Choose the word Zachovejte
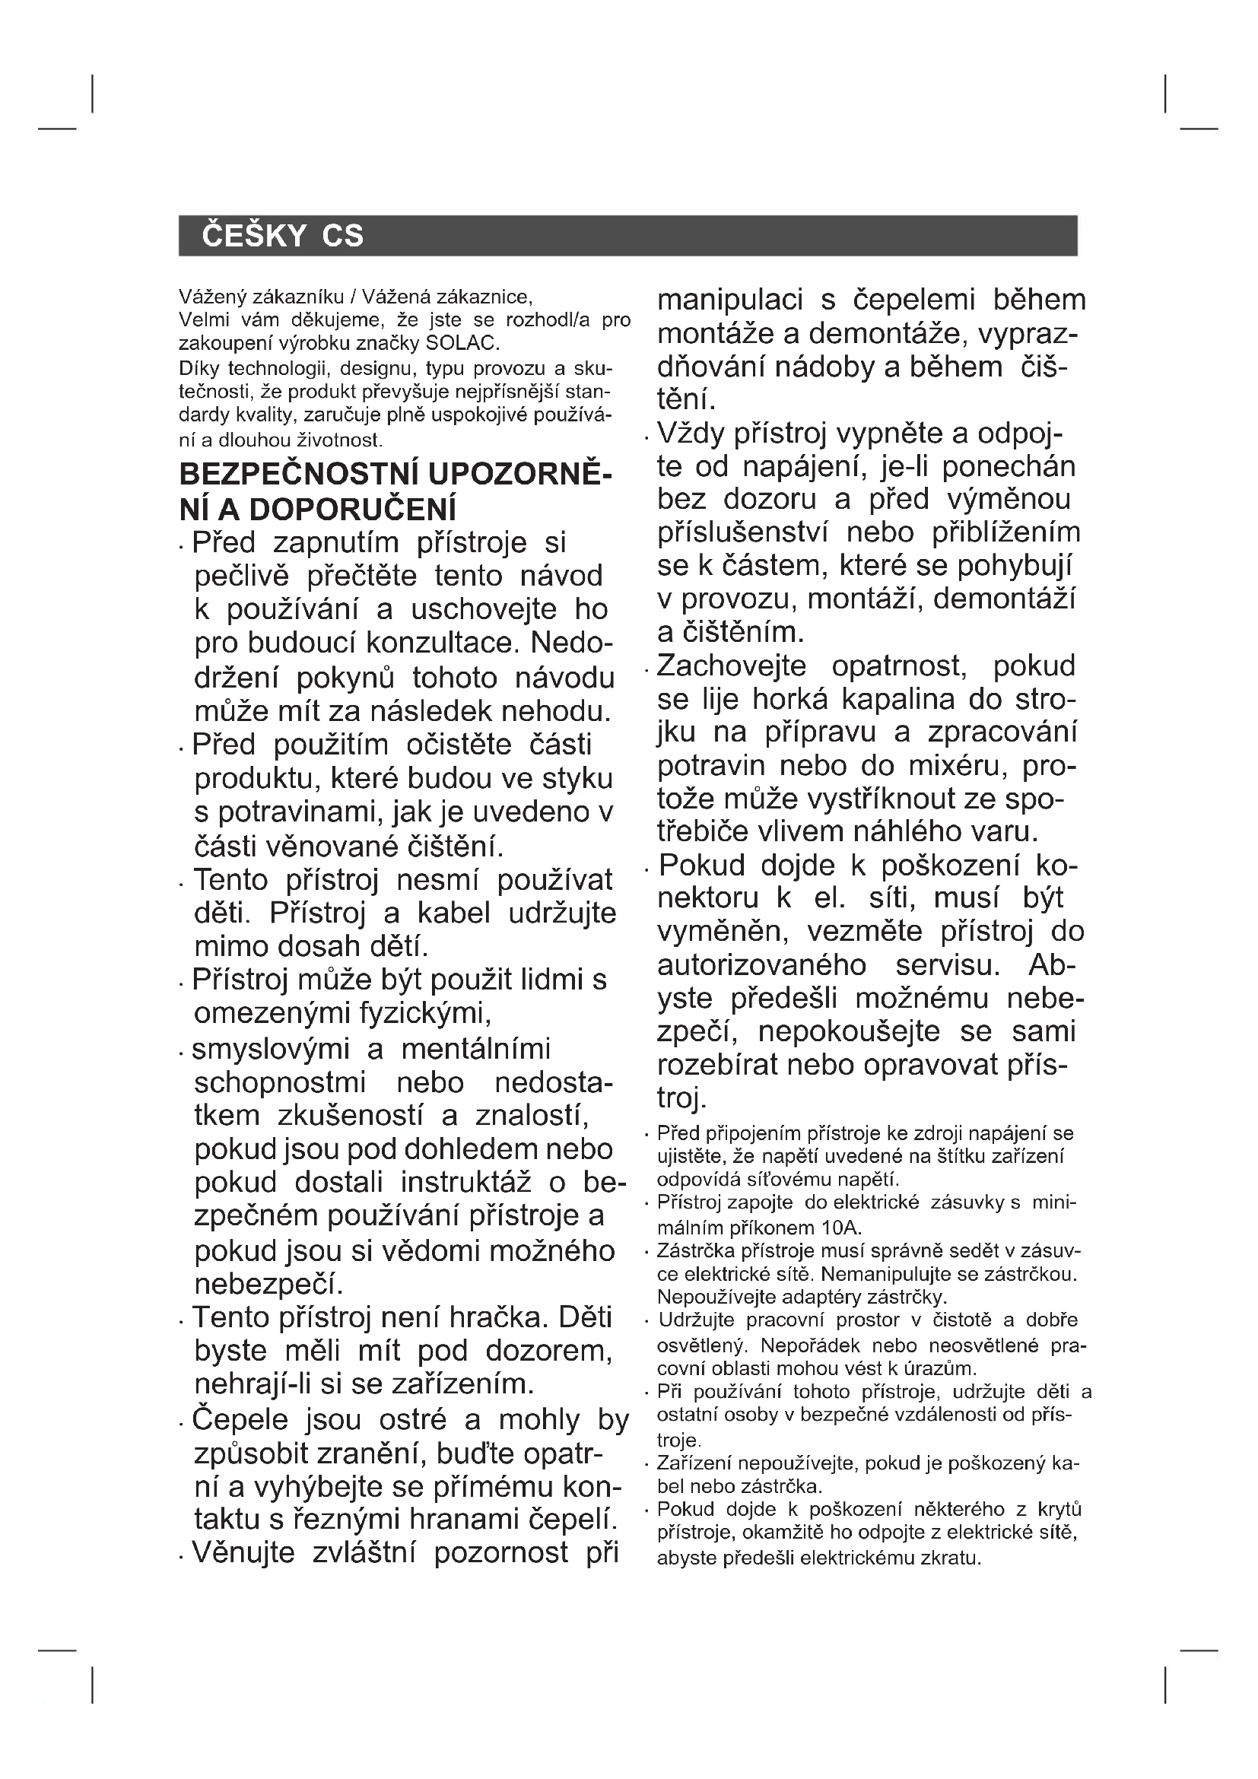(731, 666)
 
